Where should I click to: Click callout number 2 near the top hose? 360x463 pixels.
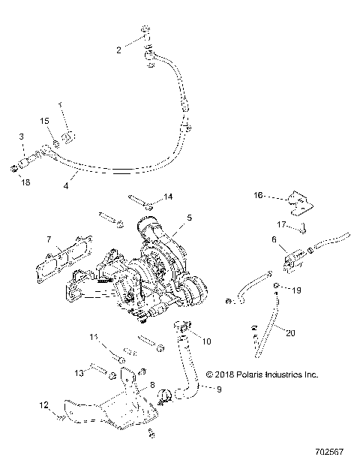118,50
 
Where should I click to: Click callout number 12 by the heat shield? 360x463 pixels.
44,405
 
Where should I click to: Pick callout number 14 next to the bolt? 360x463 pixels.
168,197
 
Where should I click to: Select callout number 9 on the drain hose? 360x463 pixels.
220,389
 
